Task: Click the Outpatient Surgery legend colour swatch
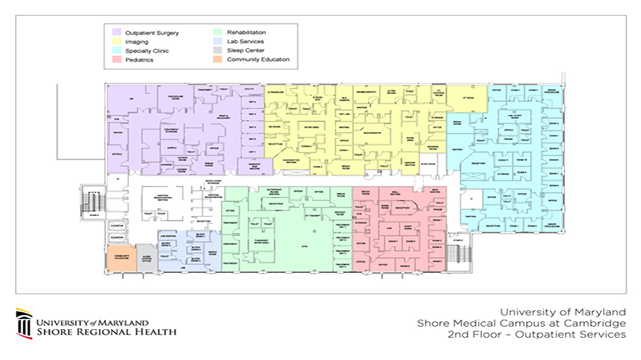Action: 116,32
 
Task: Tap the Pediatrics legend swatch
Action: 116,59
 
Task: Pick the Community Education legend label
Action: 258,59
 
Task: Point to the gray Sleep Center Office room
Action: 146,259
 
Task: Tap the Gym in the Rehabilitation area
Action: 311,248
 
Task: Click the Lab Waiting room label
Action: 168,237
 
